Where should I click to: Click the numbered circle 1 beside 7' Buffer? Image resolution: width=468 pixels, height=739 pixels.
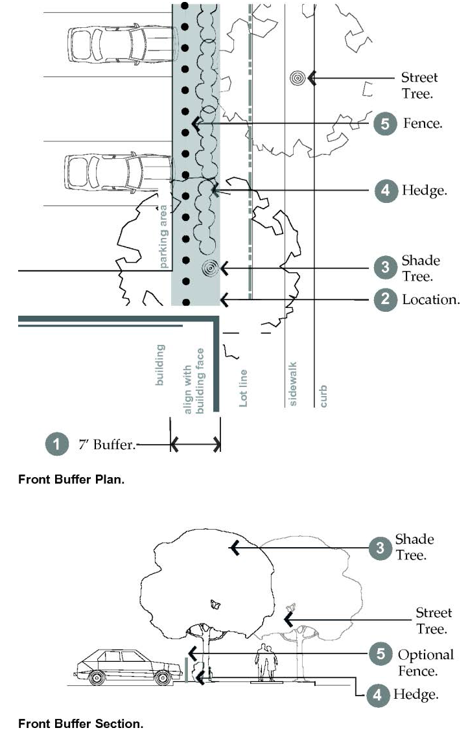(57, 445)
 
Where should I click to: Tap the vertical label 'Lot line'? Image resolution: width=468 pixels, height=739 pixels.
(244, 388)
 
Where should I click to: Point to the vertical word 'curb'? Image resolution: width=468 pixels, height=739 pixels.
(323, 395)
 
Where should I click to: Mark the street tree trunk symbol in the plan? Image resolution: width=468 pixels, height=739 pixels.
(298, 78)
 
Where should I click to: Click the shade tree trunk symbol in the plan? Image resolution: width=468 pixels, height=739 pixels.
(209, 267)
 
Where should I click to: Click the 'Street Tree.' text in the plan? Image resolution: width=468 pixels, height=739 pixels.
(419, 85)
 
